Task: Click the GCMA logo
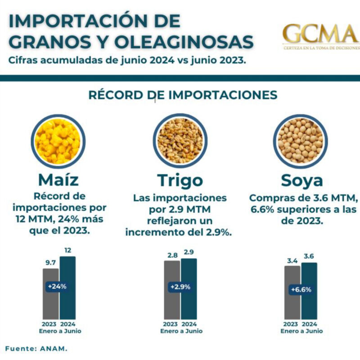(321, 36)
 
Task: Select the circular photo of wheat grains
(180, 140)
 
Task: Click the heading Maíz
(58, 180)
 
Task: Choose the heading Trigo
(180, 181)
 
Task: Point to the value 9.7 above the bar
(50, 262)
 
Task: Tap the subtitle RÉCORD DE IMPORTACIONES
(183, 95)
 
